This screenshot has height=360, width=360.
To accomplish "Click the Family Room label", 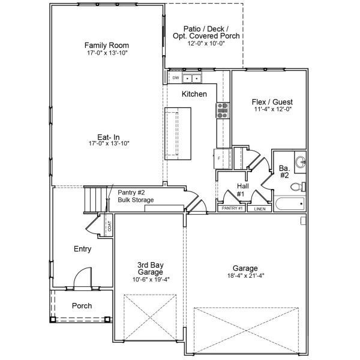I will click(107, 45).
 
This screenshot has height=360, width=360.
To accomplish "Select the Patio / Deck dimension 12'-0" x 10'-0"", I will click(206, 44).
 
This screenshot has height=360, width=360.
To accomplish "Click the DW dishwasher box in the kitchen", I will click(176, 79).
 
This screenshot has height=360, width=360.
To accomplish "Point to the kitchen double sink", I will click(192, 79).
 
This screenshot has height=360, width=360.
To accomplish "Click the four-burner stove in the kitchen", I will click(222, 109).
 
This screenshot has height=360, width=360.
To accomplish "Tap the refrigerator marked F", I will click(220, 158).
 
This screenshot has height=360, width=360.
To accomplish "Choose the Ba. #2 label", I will click(284, 172).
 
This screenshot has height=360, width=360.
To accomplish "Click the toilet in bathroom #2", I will click(298, 187).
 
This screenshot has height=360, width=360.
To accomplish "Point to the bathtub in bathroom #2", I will click(289, 204).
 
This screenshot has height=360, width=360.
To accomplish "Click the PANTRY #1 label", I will click(232, 208).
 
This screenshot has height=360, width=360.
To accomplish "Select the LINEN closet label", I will click(260, 209).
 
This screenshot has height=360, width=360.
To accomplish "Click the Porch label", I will click(82, 305).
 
